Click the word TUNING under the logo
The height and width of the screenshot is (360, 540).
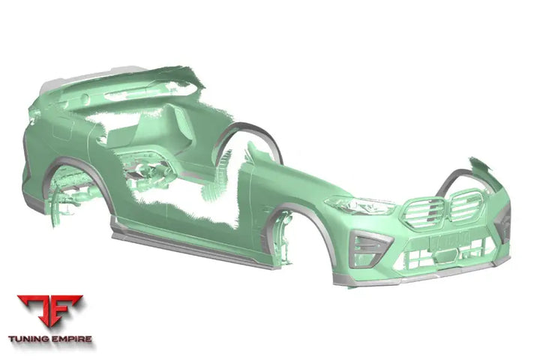pos(29,339)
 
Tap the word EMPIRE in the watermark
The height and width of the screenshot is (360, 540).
pos(72,339)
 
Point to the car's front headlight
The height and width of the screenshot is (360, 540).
pos(360,205)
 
